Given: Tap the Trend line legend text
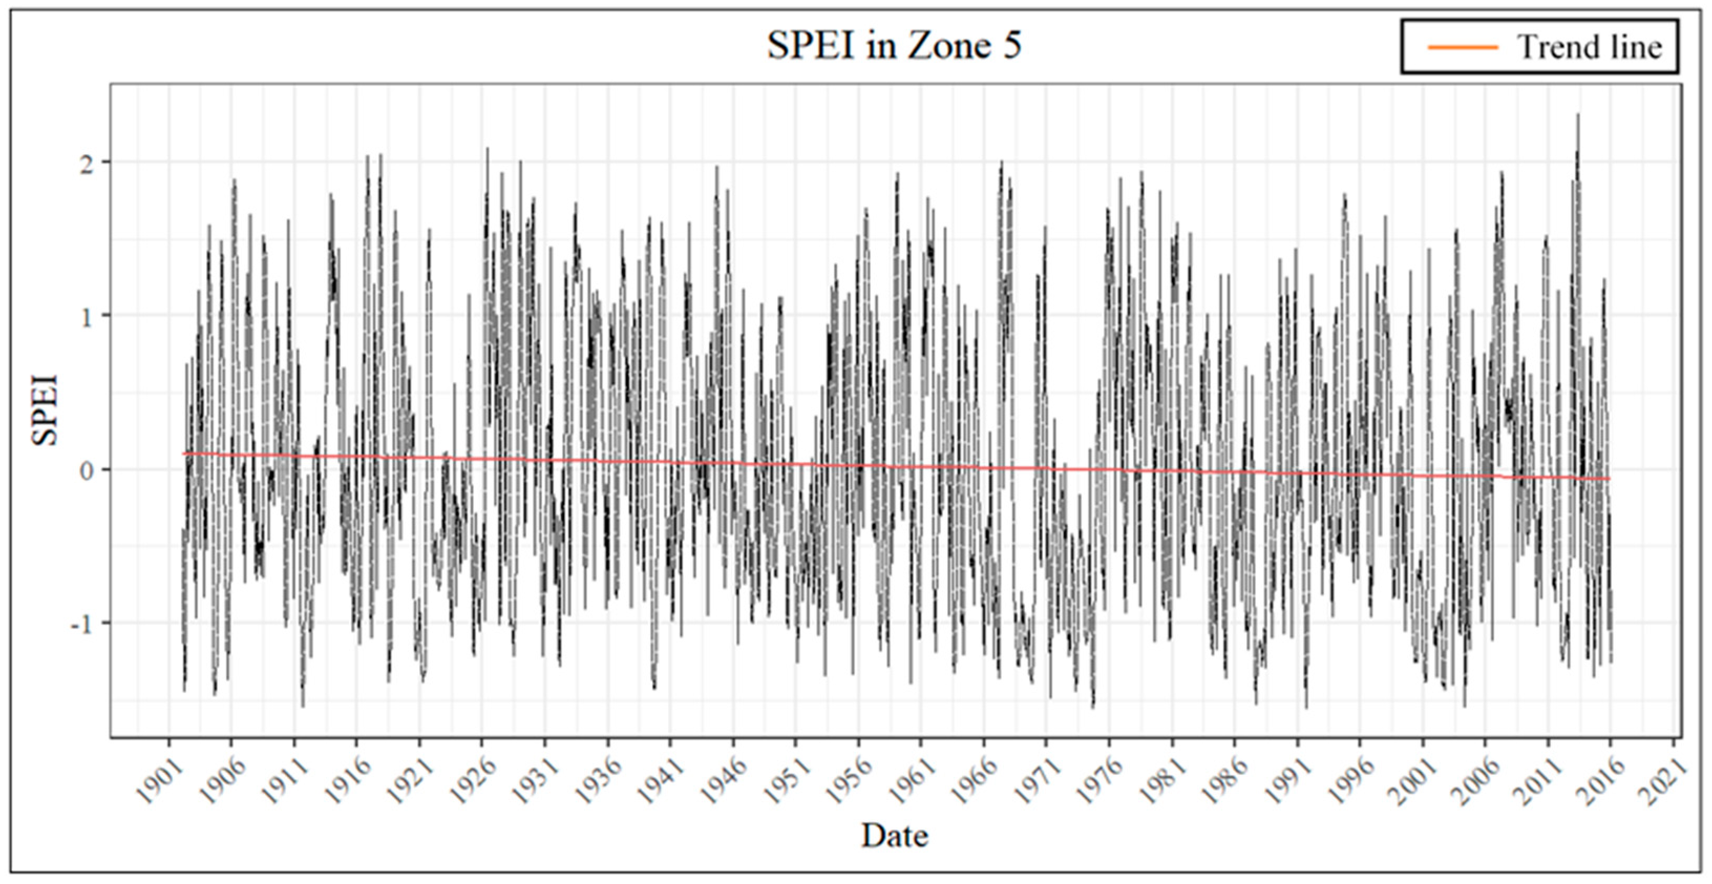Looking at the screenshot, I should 1590,47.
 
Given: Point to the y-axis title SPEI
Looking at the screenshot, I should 45,411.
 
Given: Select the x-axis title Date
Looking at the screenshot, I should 894,835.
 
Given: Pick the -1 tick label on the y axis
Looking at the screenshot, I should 82,623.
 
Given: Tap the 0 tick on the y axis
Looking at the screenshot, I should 87,471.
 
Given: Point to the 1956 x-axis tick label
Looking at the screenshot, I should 848,782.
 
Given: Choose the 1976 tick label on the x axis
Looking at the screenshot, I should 1098,782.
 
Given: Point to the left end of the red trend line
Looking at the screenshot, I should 184,454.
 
